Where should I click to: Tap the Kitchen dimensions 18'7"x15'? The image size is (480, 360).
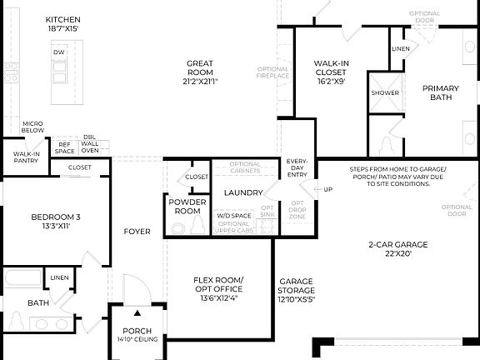pos(63,27)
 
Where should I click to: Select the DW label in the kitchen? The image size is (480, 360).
pos(59,52)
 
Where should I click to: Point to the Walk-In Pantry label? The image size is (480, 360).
pos(26,157)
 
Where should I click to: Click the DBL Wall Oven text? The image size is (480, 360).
pos(89,145)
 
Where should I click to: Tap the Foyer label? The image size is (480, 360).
pos(137,231)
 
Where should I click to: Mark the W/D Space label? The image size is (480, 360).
pos(234,216)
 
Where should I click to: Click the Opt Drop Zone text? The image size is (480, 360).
pos(297,209)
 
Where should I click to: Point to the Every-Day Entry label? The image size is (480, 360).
pos(297,167)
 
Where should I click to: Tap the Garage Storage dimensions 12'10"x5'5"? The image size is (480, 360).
pos(296,299)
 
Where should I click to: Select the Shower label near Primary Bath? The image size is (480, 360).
pos(385,92)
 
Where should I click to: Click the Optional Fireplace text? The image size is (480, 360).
pos(273,72)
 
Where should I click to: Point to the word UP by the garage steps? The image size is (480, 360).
pos(327,190)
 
